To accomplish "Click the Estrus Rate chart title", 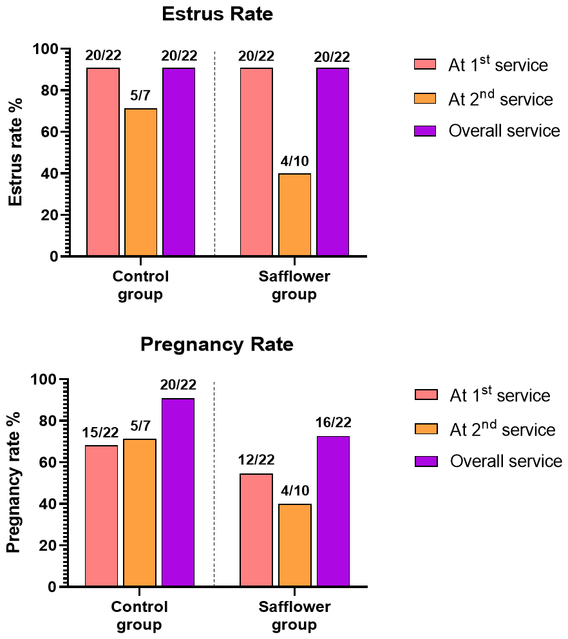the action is (217, 14).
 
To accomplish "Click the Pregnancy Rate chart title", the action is (217, 345).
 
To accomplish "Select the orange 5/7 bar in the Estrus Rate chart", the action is (140, 182).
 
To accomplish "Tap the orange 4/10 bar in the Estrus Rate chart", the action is (294, 215).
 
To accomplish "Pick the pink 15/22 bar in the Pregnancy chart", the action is (102, 516).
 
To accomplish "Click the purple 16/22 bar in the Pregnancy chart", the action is (334, 511).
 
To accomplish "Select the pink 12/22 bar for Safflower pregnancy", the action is (256, 530).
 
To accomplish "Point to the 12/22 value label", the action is (256, 460).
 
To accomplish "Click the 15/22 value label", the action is (100, 432).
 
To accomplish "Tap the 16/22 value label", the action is (334, 422).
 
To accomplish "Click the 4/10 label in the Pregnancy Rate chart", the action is (295, 490).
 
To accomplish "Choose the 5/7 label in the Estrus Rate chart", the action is (140, 95).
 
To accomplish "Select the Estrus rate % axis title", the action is (15, 152).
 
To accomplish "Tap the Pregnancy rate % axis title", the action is (14, 482).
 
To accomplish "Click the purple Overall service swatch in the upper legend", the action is (425, 131).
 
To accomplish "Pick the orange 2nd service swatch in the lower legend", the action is (426, 429).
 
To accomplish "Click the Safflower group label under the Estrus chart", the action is (294, 285).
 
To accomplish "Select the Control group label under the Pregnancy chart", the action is (139, 616).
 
